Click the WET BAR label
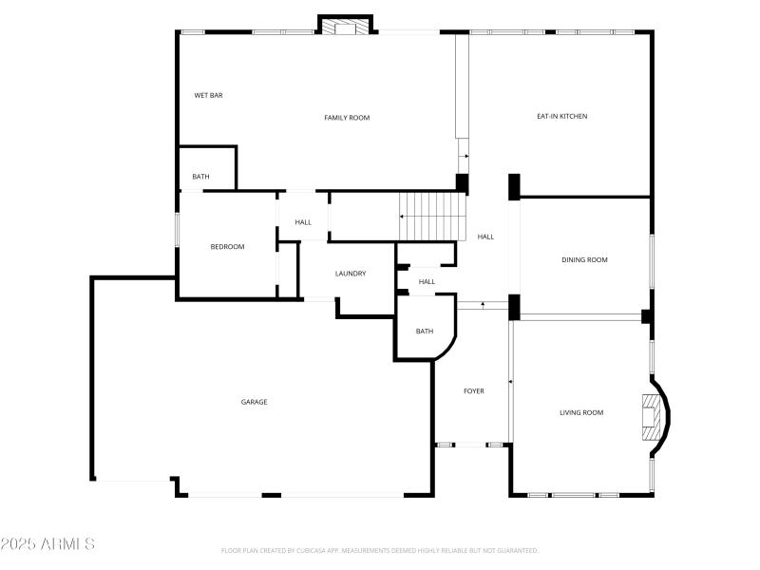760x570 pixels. [x=208, y=95]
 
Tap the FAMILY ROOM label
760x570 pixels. [x=347, y=118]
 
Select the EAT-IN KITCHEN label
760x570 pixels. [x=561, y=116]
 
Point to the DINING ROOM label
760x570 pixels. [x=584, y=259]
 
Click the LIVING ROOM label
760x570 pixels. [x=581, y=412]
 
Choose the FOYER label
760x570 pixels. [x=473, y=391]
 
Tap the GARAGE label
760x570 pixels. [x=254, y=402]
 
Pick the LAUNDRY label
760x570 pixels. [x=350, y=274]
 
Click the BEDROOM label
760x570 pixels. [x=227, y=247]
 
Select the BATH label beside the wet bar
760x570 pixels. [x=200, y=177]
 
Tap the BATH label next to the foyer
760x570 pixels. [x=424, y=332]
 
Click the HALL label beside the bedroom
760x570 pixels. [x=303, y=222]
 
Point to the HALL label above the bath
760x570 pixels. [x=427, y=281]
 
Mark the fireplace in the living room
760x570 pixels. [x=650, y=417]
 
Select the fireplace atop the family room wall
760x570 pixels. [x=345, y=27]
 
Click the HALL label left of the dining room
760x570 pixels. [x=485, y=237]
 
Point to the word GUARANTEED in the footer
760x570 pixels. [x=514, y=550]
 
